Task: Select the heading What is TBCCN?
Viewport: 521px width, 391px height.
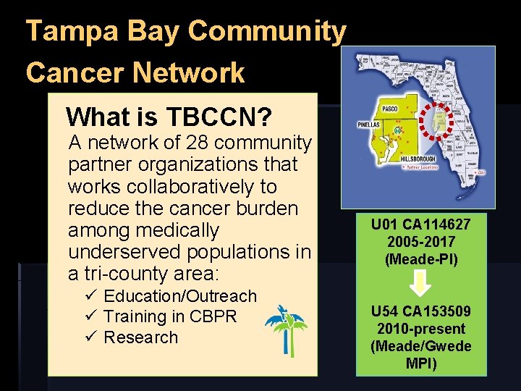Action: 169,116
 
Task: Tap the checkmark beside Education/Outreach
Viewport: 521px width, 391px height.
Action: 90,296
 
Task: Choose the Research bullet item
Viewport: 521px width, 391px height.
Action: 140,337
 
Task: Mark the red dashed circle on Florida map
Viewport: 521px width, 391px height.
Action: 437,117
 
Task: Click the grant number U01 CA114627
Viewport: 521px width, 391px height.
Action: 420,225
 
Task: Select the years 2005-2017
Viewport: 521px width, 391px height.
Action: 420,242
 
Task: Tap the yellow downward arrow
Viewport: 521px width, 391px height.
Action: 421,283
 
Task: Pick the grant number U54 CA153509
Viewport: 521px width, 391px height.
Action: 420,312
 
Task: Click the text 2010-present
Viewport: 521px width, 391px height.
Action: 420,329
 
